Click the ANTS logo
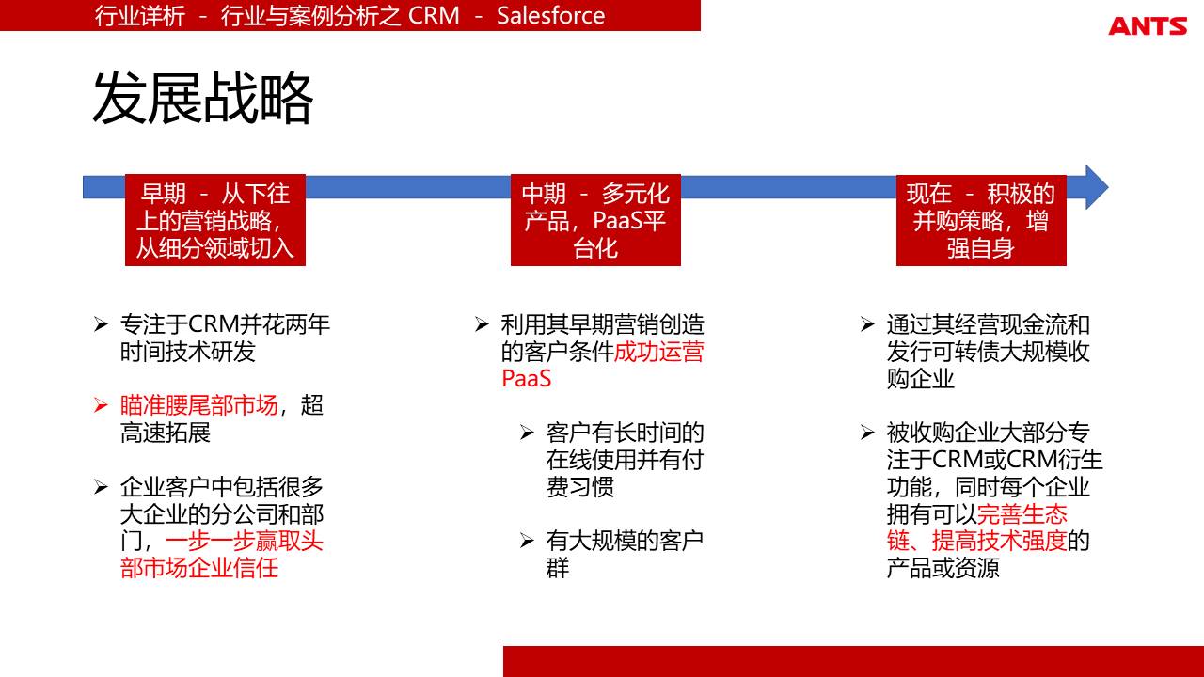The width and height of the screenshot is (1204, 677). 1148,25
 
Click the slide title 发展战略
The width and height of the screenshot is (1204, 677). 202,99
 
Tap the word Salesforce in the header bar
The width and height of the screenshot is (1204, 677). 550,15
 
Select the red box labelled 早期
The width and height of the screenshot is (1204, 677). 215,220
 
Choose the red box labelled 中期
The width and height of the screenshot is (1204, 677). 595,220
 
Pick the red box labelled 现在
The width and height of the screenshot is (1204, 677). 981,220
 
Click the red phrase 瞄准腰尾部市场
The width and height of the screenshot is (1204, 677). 198,405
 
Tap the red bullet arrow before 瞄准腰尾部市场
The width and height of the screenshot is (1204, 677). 101,405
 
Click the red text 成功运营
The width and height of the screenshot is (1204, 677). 658,352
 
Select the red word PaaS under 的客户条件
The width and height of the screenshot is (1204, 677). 526,379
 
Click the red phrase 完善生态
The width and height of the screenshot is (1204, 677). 1022,514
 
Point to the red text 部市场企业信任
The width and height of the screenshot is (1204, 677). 199,568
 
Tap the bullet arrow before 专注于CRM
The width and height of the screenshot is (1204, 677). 101,324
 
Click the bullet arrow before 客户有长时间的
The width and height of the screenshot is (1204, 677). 527,433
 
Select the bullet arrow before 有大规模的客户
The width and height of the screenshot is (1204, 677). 527,540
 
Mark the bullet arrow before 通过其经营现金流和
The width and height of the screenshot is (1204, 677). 867,324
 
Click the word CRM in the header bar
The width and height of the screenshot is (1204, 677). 434,15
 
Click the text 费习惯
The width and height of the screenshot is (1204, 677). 580,487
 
